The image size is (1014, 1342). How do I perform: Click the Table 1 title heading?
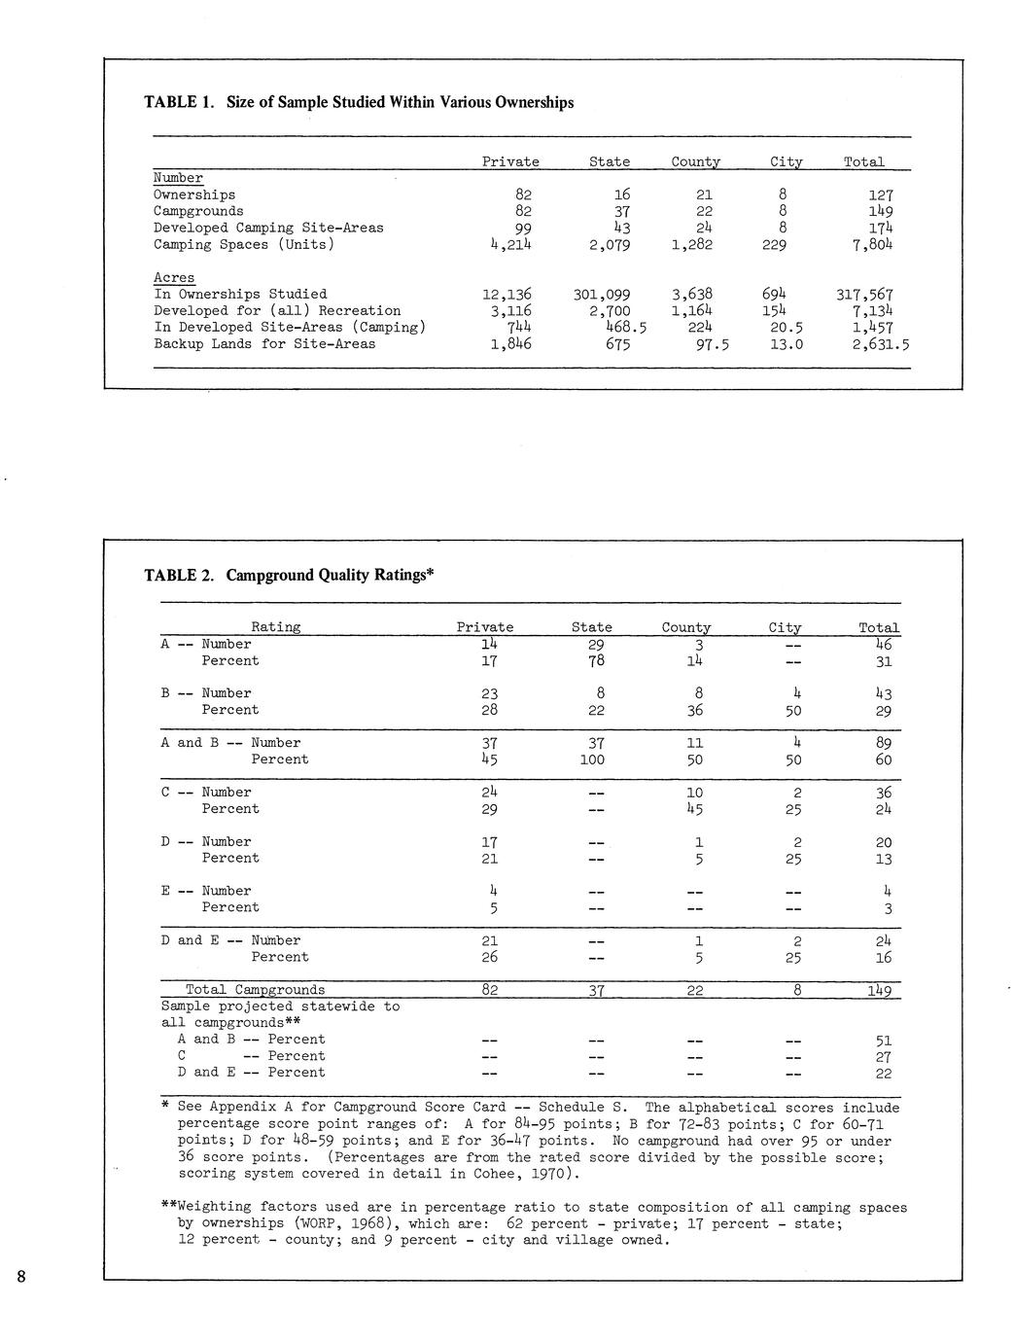[359, 102]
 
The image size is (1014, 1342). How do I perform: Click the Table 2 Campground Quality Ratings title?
[289, 575]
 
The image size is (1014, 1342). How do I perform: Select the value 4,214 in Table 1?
[510, 245]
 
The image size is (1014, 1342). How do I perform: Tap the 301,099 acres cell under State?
[595, 295]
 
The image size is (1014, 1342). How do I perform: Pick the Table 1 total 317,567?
[864, 295]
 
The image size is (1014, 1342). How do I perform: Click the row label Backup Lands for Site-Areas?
[264, 344]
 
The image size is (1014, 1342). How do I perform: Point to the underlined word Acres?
[174, 278]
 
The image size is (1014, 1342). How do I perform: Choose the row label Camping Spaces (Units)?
[244, 245]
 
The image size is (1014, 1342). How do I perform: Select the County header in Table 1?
[695, 162]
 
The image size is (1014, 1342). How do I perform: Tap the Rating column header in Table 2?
[276, 627]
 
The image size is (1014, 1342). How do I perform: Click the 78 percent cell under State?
[596, 661]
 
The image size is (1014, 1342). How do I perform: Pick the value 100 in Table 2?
[592, 760]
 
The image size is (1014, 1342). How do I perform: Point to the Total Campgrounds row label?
[256, 990]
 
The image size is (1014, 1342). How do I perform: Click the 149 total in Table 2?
[880, 991]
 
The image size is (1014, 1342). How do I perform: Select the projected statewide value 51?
[884, 1041]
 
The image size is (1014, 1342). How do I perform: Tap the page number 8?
[20, 1278]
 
